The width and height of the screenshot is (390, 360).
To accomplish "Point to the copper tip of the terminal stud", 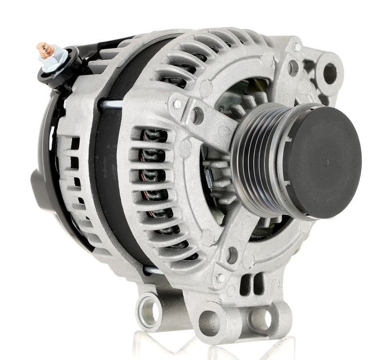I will (43, 49).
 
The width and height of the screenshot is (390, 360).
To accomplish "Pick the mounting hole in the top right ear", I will (330, 74).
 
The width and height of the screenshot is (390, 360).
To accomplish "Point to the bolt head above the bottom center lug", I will (220, 278).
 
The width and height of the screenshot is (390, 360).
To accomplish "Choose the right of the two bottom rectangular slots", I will (258, 283).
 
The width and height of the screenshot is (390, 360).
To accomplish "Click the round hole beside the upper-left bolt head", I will (198, 116).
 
